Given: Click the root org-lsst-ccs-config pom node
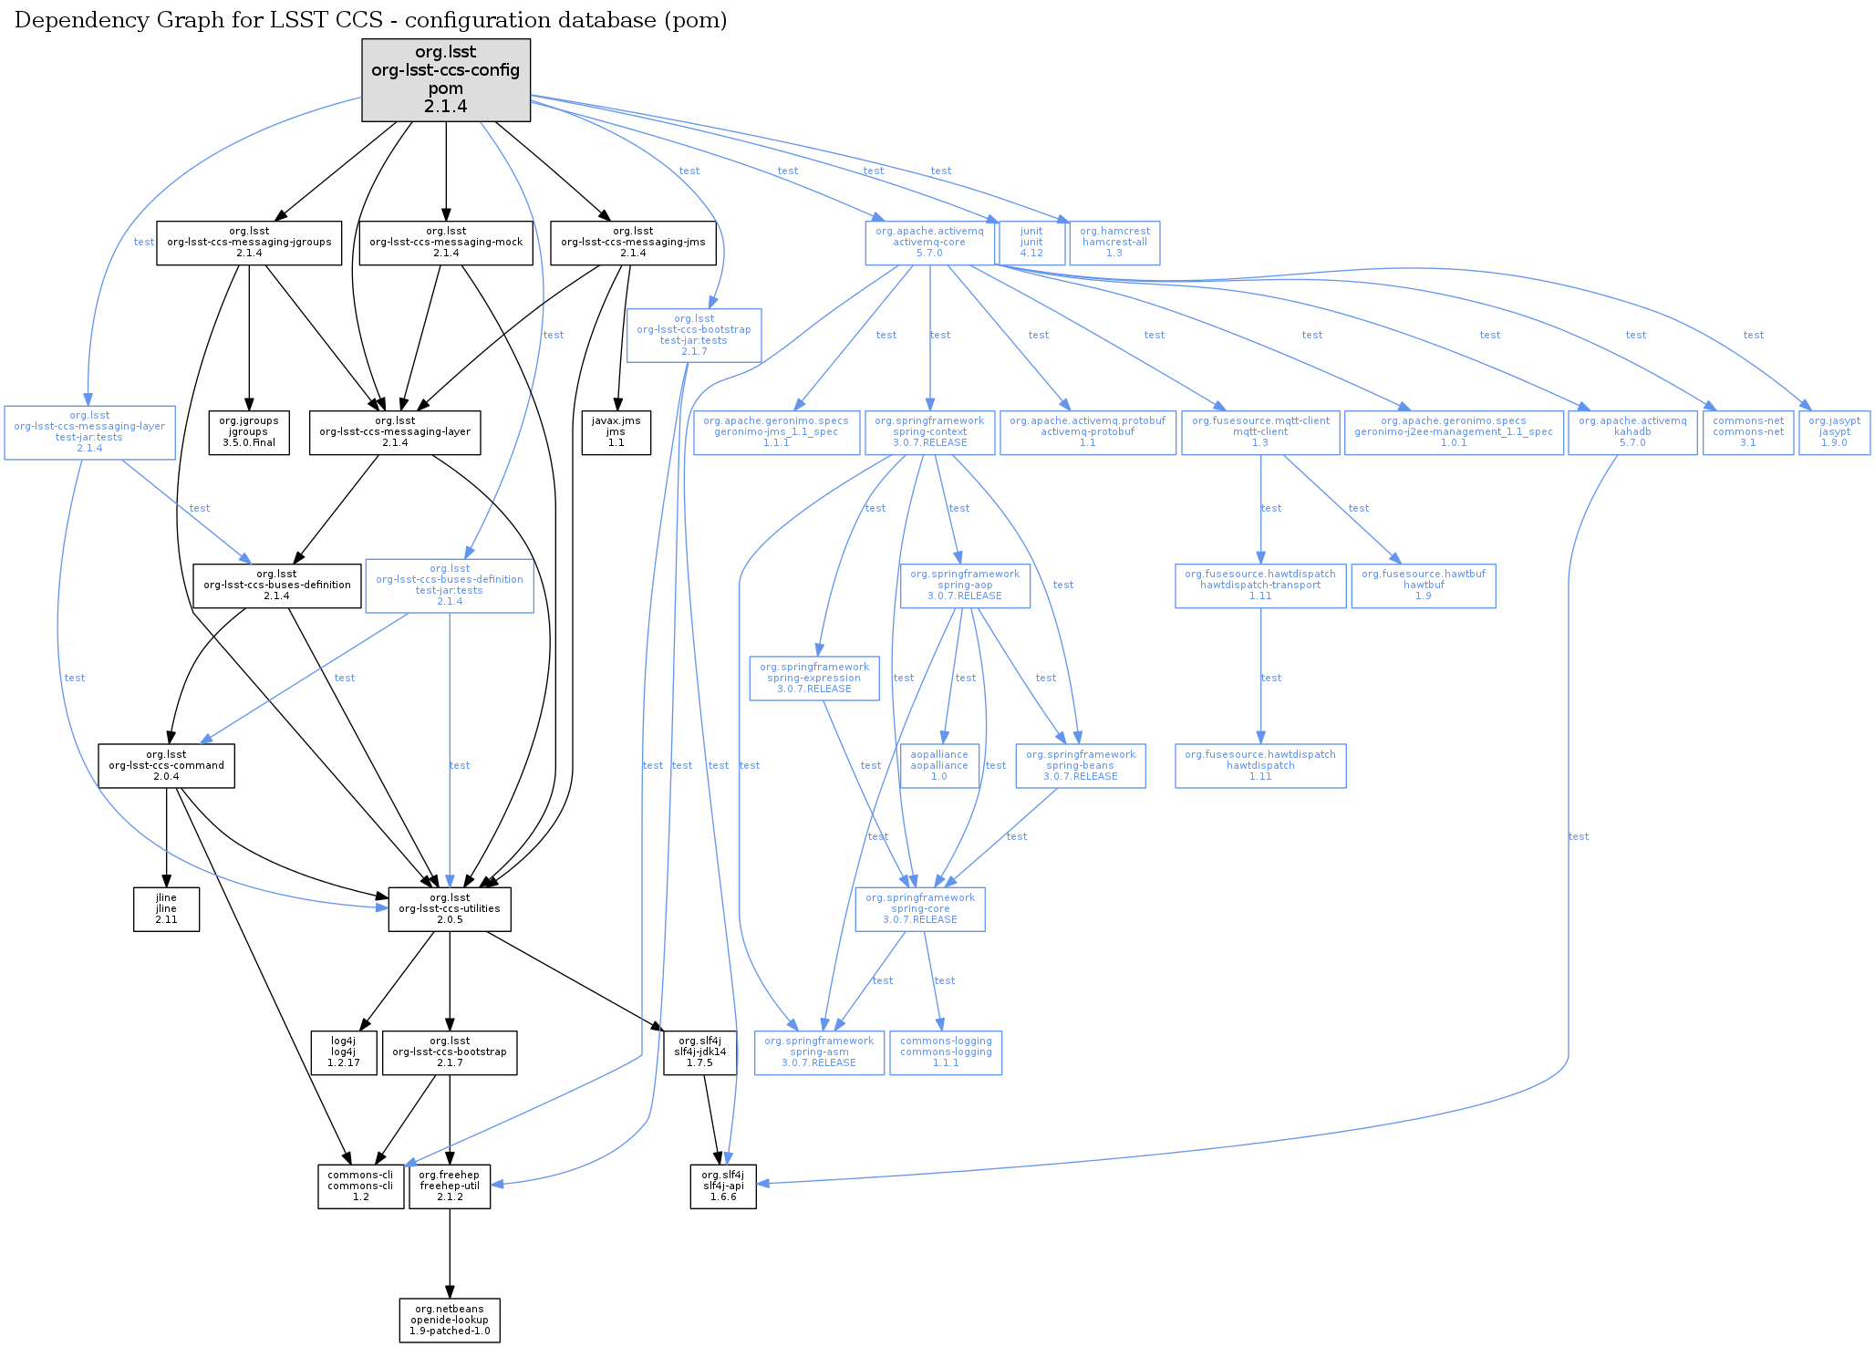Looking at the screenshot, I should coord(446,79).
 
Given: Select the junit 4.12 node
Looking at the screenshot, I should coord(1031,243).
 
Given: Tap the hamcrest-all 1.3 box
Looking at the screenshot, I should coord(1114,243).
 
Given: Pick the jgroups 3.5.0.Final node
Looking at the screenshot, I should coord(249,432).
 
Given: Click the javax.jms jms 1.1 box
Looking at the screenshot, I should coord(616,432).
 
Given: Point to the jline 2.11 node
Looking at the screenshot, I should coord(166,909).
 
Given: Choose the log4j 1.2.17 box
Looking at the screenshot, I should coord(344,1052).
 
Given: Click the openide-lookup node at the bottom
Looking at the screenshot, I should coord(450,1320).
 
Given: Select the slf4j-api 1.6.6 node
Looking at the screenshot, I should coord(723,1186).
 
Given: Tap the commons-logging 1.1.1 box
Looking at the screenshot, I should coord(946,1052).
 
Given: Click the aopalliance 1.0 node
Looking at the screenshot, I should coord(939,766).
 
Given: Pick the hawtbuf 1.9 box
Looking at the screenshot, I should coord(1424,585).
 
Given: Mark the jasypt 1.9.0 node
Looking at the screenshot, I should coord(1834,432).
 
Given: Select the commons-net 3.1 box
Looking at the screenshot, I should coord(1747,432).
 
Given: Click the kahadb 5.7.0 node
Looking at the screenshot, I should coord(1632,432).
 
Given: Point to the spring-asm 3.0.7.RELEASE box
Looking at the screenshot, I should coord(819,1052).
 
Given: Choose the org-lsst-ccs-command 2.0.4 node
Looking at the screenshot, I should coord(166,766).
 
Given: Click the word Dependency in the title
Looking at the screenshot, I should coord(67,20).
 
